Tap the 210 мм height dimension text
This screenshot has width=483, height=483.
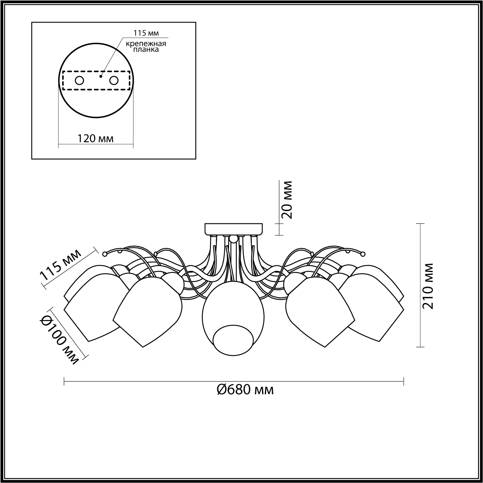(427, 286)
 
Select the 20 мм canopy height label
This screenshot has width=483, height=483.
(287, 200)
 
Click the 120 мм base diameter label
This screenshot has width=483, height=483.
(95, 138)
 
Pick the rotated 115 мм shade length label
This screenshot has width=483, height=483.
(61, 265)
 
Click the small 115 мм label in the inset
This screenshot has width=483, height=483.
(146, 33)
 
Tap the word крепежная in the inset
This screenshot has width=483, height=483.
(146, 43)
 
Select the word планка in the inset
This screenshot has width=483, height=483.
(146, 50)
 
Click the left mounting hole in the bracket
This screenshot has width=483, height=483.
(79, 81)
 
